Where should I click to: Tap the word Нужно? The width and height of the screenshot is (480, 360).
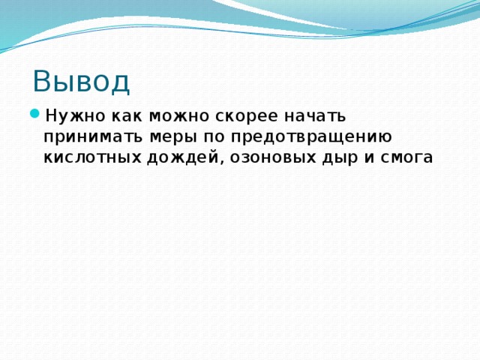(68, 116)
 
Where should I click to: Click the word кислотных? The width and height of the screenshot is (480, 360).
(91, 157)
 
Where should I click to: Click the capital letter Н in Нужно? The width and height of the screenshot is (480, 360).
(50, 116)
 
